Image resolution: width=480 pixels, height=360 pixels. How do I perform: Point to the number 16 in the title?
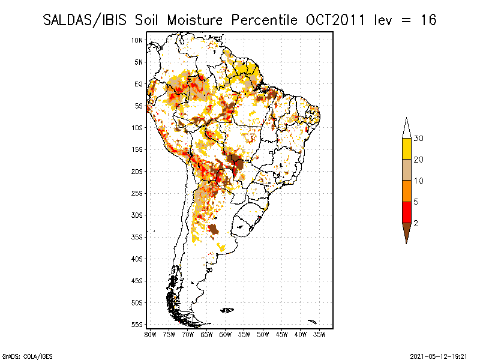[427, 20]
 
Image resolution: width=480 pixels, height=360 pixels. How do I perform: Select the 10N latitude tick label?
[137, 40]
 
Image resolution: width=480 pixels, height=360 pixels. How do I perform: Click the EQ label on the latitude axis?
[139, 84]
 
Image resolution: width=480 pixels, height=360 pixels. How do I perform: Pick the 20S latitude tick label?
[137, 172]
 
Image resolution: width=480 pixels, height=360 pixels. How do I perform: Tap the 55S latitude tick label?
[137, 325]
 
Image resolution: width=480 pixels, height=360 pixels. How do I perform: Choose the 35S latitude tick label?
[137, 237]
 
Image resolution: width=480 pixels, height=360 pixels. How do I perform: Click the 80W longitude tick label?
[150, 334]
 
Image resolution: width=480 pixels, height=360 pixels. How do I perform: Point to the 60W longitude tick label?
[226, 334]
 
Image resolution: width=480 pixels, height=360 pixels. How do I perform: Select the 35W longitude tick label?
[320, 334]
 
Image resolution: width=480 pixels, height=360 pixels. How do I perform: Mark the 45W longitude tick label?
[282, 334]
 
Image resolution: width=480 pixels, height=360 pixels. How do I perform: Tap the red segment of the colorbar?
[406, 212]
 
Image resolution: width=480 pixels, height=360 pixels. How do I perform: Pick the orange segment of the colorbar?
[406, 191]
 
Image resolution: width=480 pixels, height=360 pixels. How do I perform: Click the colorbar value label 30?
[419, 139]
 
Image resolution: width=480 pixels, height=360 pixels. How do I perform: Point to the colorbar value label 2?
[416, 223]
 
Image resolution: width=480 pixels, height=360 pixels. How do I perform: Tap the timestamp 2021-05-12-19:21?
[437, 355]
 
